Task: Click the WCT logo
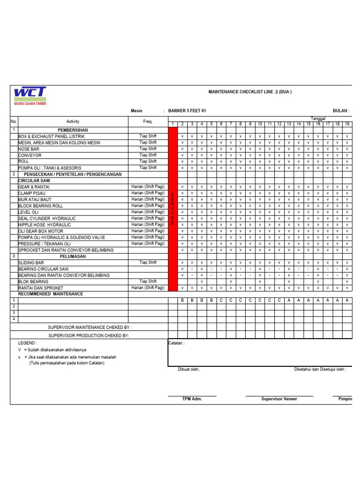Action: point(30,95)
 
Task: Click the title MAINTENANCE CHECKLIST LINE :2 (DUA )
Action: point(250,92)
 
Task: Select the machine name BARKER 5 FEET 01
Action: point(187,111)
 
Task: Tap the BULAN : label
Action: point(341,111)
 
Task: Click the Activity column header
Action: point(73,122)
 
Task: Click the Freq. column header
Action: point(148,122)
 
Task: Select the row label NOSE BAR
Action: point(29,149)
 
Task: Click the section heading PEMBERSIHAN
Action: point(73,130)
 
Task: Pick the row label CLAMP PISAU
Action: point(32,193)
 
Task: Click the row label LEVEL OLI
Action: point(29,212)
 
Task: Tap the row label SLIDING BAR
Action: point(31,263)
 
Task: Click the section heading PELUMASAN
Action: point(73,256)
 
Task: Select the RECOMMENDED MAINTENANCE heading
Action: point(51,294)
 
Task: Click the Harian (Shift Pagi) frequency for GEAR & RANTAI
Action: point(148,186)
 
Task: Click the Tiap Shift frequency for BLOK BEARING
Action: point(148,281)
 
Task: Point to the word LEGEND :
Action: point(28,343)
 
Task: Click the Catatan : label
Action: point(176,343)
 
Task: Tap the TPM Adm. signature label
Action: point(192,399)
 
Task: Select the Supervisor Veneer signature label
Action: point(279,399)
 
